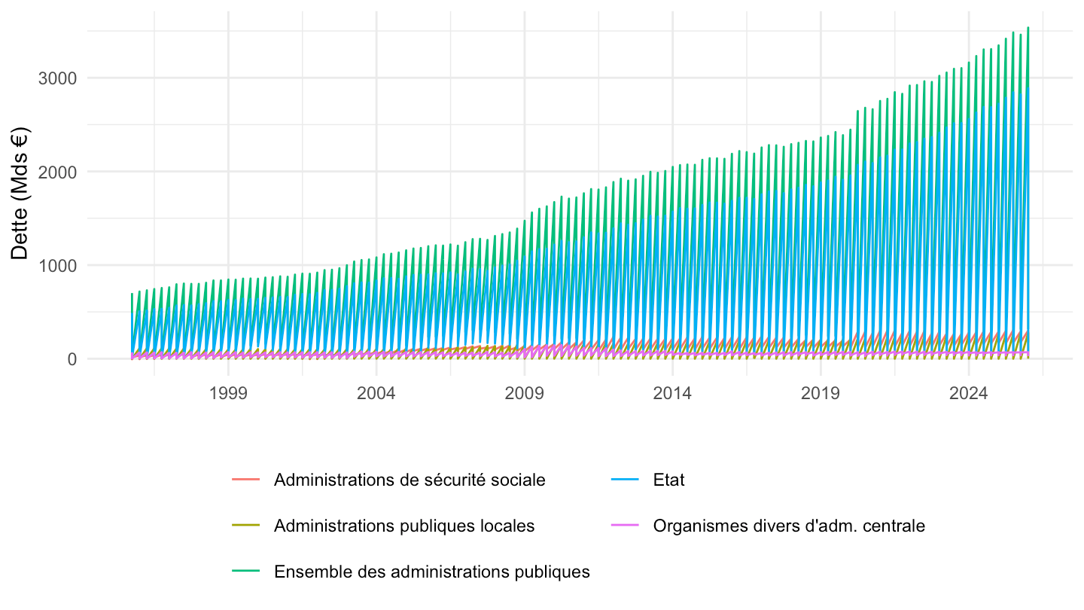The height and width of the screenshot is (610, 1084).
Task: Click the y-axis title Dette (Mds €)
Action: [20, 193]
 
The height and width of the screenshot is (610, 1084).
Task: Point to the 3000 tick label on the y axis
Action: [57, 78]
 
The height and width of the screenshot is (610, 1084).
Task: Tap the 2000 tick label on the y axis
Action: [57, 172]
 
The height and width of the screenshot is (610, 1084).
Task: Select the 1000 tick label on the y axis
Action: [57, 266]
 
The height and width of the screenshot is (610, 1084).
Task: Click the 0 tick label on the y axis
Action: [72, 359]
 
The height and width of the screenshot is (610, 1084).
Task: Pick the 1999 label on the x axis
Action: [228, 393]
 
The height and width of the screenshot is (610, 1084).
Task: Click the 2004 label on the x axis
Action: [376, 393]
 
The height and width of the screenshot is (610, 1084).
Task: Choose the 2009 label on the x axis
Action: [524, 393]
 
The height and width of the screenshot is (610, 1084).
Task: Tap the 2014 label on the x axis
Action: [672, 393]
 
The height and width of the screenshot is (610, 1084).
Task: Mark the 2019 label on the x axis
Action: [821, 393]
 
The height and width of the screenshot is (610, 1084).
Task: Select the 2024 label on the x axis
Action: [968, 393]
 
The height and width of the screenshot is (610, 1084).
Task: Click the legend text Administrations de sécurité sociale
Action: [410, 480]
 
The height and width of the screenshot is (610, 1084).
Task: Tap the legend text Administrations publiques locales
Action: [404, 526]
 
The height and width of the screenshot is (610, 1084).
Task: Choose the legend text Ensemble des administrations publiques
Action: [432, 572]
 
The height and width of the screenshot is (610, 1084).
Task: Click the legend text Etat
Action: [668, 480]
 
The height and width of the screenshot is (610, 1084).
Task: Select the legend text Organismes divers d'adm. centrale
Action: [789, 526]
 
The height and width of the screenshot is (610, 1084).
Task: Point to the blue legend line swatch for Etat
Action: [625, 480]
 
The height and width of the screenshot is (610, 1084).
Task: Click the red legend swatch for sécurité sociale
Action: [246, 480]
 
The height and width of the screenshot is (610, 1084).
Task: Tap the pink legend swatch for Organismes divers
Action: [625, 526]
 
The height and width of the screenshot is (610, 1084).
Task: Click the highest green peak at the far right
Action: [1028, 28]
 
